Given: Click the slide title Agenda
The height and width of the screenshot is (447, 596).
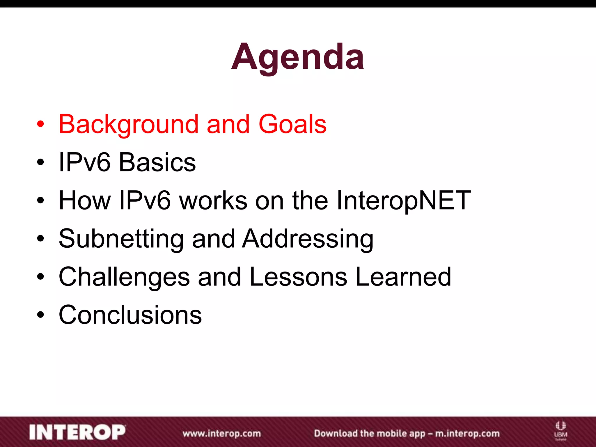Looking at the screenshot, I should (297, 57).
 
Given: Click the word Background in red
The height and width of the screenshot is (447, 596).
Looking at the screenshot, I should (128, 125).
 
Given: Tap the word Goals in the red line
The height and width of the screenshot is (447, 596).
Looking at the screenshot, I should (292, 125).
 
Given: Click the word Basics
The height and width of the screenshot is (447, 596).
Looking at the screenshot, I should (157, 162).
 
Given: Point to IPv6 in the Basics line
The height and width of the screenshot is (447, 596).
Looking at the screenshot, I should (84, 162).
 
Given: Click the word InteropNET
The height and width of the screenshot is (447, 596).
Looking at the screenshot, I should (403, 201).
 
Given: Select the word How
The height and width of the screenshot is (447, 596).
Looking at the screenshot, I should (84, 201).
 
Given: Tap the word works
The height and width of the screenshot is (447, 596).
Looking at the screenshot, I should (213, 201).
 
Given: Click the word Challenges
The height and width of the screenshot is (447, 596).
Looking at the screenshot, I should (124, 277).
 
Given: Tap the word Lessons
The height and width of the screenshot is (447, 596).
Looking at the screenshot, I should (298, 277).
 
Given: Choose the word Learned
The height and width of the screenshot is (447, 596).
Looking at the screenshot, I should (403, 277).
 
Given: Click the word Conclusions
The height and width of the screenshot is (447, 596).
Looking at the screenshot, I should (130, 315).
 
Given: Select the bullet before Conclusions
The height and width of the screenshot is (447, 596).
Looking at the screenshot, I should (40, 315).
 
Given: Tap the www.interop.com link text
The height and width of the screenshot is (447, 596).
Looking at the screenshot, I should (222, 434).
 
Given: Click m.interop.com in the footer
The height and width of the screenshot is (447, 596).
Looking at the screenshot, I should (467, 434).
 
